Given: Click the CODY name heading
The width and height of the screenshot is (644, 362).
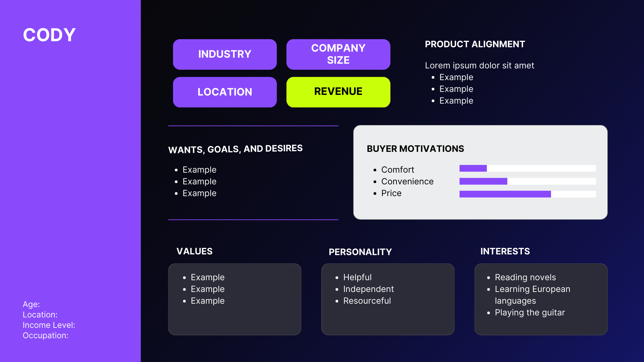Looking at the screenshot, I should coord(49,35).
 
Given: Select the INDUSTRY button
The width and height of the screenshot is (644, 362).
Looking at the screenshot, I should coord(225,54).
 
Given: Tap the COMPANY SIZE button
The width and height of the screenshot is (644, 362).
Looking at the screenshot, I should coord(338,54).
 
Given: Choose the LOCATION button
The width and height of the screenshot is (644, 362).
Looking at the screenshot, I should coord(225,92).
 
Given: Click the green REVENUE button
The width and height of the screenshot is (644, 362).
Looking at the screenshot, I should coord(338,92).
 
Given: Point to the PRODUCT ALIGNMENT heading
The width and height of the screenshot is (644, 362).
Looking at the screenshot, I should coord(475,44).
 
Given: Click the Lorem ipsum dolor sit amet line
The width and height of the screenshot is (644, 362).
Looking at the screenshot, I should coord(479,66).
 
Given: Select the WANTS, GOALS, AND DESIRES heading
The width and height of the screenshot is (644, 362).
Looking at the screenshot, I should coord(235,149).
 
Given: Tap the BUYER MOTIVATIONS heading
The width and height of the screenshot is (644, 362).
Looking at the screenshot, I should coord(415,149).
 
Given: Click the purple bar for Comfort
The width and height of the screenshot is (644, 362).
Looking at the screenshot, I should coord(473,168).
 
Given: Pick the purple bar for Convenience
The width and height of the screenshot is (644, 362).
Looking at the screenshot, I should coord(483,181).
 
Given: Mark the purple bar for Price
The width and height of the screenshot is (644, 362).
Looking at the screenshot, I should coord(505,194).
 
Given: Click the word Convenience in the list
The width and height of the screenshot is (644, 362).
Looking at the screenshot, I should coord(407,182).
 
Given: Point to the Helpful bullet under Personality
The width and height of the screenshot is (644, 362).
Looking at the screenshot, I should coord(357,278).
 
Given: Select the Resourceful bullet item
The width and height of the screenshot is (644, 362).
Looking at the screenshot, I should coord(367,301).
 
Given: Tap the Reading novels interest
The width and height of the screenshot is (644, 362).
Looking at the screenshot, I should coord(525,278).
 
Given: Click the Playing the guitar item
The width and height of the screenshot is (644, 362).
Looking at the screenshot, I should coord(530,313).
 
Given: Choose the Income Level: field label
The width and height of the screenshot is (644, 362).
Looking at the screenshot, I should coord(49,325).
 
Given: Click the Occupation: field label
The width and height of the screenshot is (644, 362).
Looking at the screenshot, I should coord(46,336).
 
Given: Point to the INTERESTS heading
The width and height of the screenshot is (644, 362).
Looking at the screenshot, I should coord(505,251).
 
